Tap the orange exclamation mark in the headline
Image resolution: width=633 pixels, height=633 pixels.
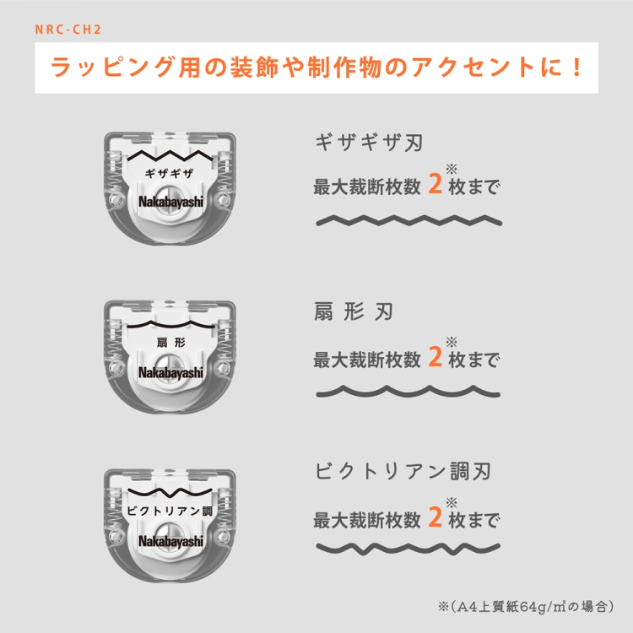(576, 67)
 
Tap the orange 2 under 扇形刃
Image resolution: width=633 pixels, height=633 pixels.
(436, 358)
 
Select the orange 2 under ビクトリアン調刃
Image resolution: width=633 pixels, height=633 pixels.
(436, 517)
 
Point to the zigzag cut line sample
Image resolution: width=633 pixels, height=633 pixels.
(406, 222)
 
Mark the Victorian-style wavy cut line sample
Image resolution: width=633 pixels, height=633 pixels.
(406, 550)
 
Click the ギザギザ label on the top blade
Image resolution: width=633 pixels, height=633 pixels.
(170, 173)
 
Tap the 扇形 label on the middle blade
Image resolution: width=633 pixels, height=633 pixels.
(170, 343)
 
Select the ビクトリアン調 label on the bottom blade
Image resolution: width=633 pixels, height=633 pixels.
(170, 511)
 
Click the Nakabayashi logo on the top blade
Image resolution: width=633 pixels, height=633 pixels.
(170, 203)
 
